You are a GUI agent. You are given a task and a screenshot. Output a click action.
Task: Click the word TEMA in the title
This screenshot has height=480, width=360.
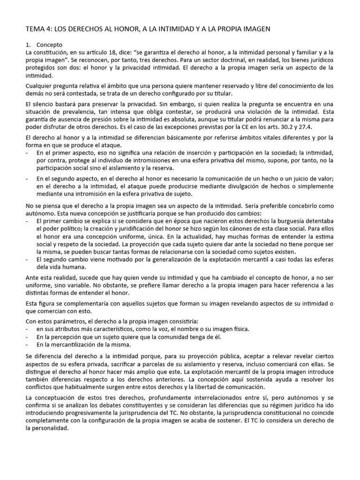pos(36,30)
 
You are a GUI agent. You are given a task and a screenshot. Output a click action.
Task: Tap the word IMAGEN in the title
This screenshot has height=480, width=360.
pos(255,30)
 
